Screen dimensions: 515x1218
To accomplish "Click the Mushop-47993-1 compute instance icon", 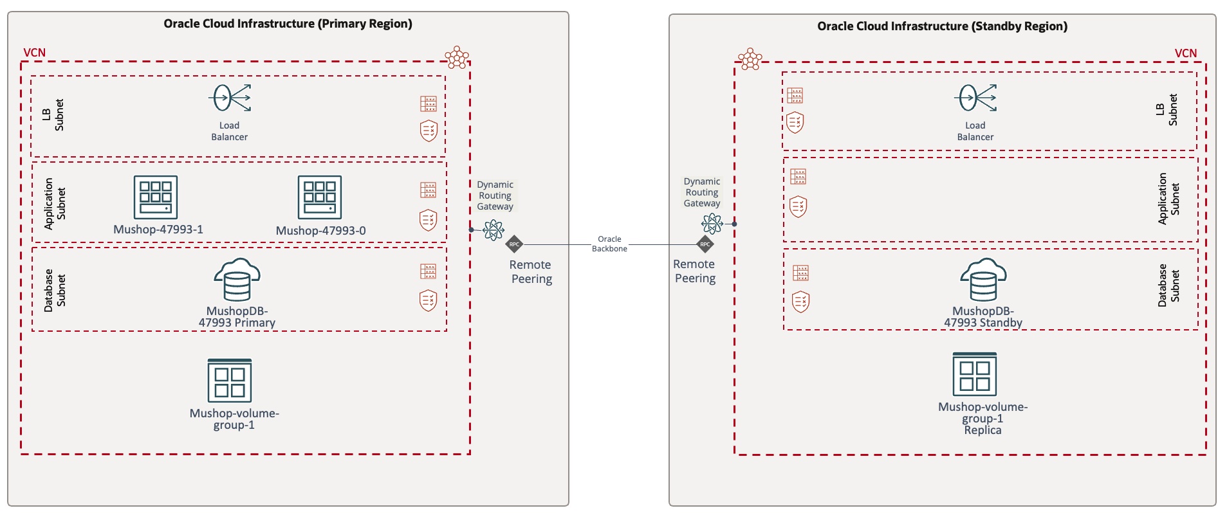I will (156, 197).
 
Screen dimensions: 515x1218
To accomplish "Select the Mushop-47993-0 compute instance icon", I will (320, 197).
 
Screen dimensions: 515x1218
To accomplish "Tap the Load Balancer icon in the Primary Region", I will (230, 99).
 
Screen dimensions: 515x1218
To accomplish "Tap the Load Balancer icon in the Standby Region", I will (975, 98).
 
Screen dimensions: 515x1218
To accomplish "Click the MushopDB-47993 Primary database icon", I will (237, 280).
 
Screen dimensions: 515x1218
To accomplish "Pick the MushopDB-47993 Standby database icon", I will (983, 280).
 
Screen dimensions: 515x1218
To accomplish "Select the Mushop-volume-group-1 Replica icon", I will (975, 374).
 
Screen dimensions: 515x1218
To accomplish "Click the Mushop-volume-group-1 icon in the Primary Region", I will (230, 381).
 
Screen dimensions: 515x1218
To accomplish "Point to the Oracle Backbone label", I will (609, 244).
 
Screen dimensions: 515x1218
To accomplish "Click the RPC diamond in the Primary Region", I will (514, 244).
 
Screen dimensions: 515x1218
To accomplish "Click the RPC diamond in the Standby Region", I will (705, 244).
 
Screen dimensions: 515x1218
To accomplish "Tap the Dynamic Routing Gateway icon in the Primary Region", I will (494, 230).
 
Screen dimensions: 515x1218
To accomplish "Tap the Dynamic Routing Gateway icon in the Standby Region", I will (712, 224).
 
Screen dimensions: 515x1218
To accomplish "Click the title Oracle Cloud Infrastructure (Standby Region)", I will (942, 26).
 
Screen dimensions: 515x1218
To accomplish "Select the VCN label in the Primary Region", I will (35, 53).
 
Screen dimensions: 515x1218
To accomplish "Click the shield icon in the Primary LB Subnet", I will (429, 131).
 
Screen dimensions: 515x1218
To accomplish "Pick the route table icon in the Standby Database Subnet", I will (801, 273).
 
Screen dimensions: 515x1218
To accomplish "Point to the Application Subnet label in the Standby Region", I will (1168, 199).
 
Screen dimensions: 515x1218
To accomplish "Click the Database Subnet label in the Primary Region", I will (54, 291).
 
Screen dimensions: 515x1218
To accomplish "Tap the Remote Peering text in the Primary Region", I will (531, 271).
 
